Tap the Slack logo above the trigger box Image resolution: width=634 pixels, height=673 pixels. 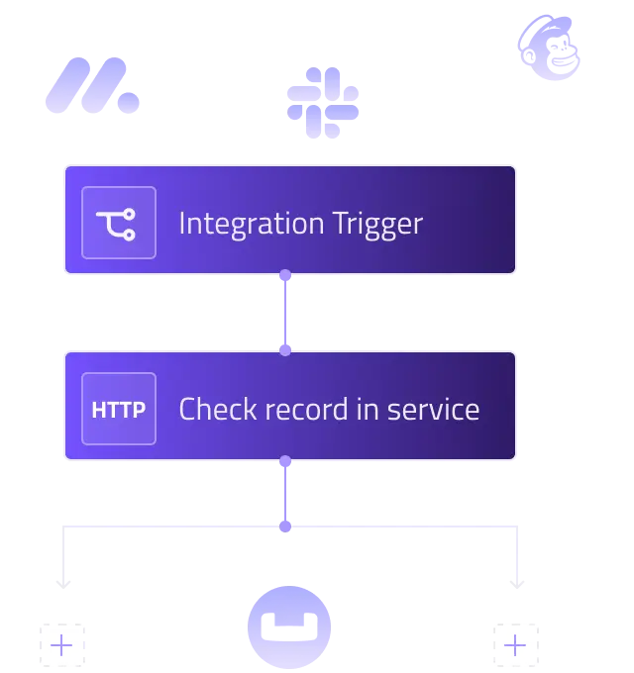(324, 101)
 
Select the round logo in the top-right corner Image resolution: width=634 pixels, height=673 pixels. (551, 48)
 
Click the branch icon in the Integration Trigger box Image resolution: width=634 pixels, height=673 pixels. (119, 223)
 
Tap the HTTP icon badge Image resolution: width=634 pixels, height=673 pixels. (119, 409)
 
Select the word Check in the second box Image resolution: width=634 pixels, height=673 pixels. (217, 409)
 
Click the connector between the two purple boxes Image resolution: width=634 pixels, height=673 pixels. (285, 314)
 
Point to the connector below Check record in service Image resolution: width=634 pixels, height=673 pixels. (285, 493)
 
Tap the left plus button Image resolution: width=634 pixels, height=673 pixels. (62, 645)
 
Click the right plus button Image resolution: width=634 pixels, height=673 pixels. (515, 645)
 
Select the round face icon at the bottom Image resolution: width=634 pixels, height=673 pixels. (288, 627)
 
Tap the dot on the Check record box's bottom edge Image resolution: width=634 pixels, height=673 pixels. (285, 460)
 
